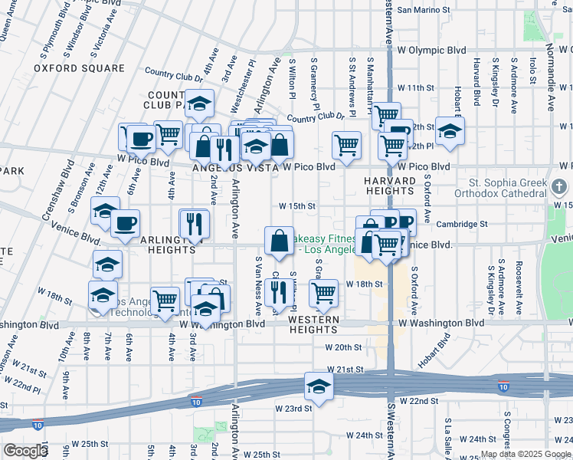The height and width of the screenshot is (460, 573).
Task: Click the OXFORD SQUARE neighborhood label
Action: tap(79, 68)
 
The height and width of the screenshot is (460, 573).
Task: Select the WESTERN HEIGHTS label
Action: tap(314, 324)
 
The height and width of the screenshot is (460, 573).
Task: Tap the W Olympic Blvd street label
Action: tap(431, 50)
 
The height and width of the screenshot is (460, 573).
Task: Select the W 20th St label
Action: tap(343, 347)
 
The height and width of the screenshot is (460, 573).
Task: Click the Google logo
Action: tap(25, 451)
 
